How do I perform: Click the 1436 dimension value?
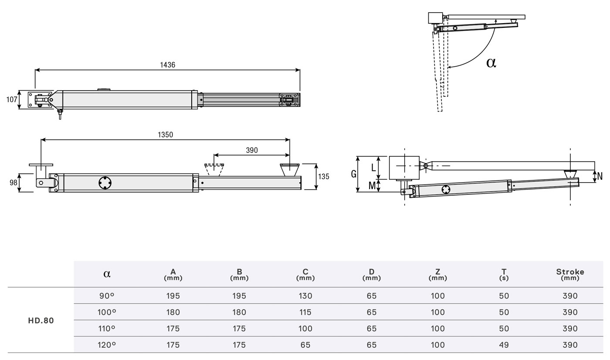pyautogui.click(x=167, y=65)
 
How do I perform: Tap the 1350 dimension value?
pyautogui.click(x=165, y=135)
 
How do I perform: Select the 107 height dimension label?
pyautogui.click(x=12, y=99)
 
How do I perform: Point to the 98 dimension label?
pyautogui.click(x=13, y=183)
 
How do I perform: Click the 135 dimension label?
pyautogui.click(x=324, y=177)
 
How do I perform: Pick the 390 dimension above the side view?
pyautogui.click(x=252, y=150)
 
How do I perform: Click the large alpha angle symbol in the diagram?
pyautogui.click(x=491, y=63)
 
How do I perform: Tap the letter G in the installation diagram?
pyautogui.click(x=353, y=174)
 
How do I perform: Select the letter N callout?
pyautogui.click(x=600, y=177)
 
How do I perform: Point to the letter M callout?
pyautogui.click(x=372, y=186)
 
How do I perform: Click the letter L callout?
pyautogui.click(x=373, y=167)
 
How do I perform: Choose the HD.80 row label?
pyautogui.click(x=41, y=320)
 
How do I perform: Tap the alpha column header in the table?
pyautogui.click(x=107, y=274)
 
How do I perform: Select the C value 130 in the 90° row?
pyautogui.click(x=305, y=295)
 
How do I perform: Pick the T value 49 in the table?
pyautogui.click(x=504, y=345)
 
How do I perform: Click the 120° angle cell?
pyautogui.click(x=107, y=345)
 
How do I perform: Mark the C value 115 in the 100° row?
pyautogui.click(x=305, y=312)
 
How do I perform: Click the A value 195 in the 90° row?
pyautogui.click(x=173, y=295)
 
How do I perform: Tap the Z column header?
pyautogui.click(x=437, y=274)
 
